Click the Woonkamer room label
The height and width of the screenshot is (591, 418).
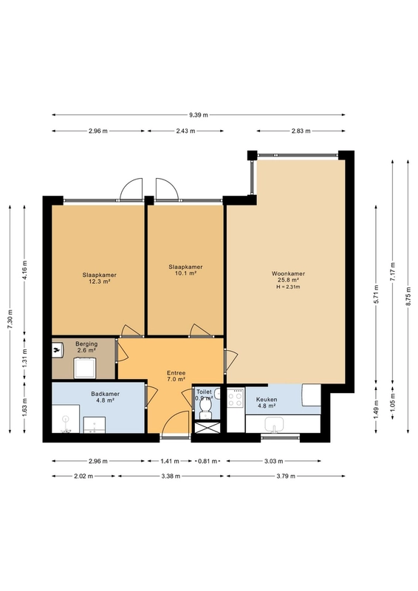coord(288,273)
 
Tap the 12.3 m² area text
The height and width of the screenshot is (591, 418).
coord(99,281)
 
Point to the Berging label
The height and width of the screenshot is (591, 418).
coord(86,344)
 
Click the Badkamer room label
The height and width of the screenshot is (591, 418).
coord(105,394)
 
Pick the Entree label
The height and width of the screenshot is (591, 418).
coord(176,373)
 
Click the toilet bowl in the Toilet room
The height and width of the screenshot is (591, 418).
coord(205,408)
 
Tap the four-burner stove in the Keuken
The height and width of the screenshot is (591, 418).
coord(236,397)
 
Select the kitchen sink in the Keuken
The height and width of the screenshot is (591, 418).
coord(275,425)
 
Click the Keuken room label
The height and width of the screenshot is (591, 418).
coord(267,400)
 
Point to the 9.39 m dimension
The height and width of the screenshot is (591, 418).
coord(198,115)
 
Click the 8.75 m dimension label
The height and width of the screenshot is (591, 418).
coord(408,297)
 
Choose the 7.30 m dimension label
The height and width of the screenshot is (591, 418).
coord(10,319)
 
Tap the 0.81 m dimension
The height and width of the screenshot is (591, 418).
coord(208,461)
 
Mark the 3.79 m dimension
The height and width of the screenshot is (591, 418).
coord(285,476)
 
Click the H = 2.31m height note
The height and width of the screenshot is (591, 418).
coord(288,287)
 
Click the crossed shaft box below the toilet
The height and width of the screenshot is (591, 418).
coord(206,427)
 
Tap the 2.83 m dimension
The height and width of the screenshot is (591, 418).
coord(301,131)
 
